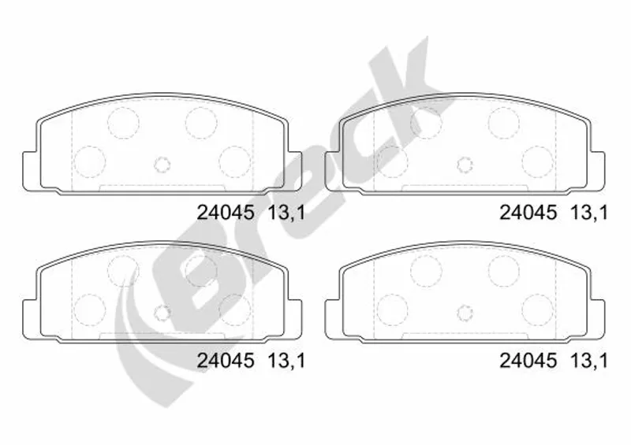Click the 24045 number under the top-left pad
click(226, 212)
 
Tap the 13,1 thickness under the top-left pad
click(286, 213)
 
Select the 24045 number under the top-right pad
click(528, 212)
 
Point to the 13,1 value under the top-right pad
click(589, 213)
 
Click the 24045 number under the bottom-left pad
click(226, 361)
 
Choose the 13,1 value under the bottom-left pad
click(286, 362)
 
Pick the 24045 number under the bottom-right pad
click(528, 361)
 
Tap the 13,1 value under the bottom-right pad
click(589, 362)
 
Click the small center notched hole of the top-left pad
click(162, 164)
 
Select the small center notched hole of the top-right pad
click(465, 164)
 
